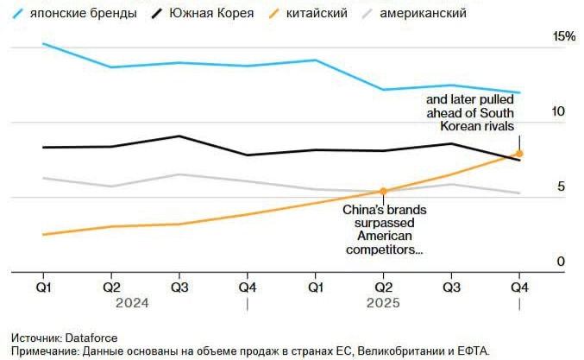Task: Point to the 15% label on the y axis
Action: click(x=564, y=37)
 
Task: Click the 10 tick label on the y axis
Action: click(x=558, y=112)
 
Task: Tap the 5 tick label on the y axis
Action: click(x=561, y=187)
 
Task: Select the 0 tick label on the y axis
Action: click(x=561, y=262)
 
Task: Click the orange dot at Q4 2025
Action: click(x=519, y=154)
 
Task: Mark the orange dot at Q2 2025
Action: click(x=383, y=191)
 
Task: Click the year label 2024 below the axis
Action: click(x=133, y=304)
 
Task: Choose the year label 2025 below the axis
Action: click(x=383, y=304)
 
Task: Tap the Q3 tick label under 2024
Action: click(x=179, y=287)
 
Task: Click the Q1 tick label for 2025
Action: click(x=315, y=287)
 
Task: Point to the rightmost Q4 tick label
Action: click(x=519, y=287)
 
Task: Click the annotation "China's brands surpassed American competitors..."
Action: click(x=384, y=230)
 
